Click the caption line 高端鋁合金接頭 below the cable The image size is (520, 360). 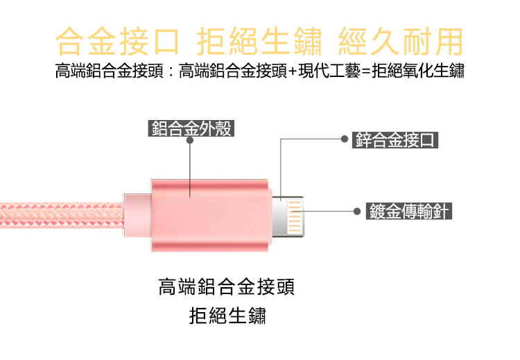232,286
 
